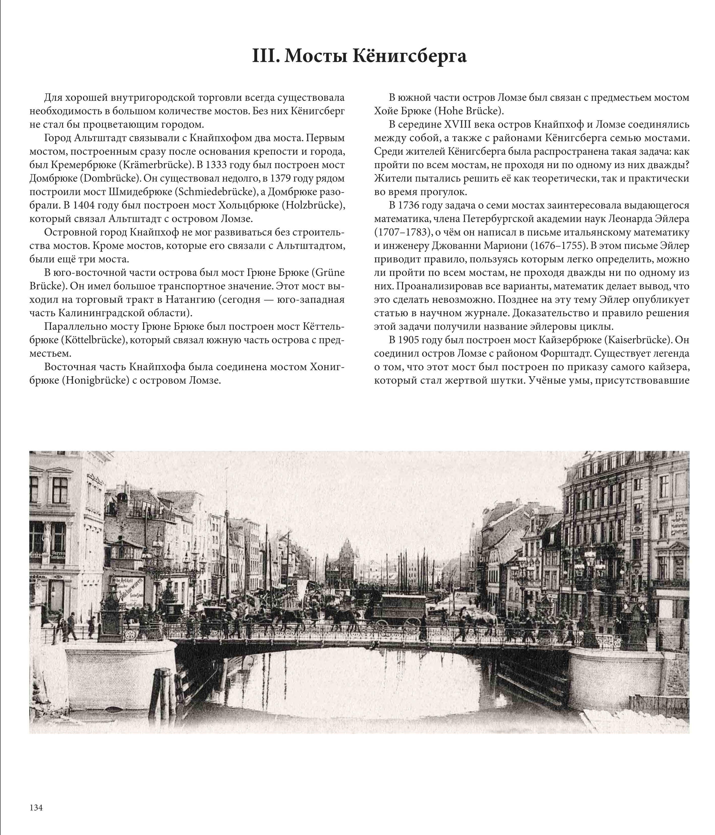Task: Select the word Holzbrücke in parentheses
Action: [x=312, y=205]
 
